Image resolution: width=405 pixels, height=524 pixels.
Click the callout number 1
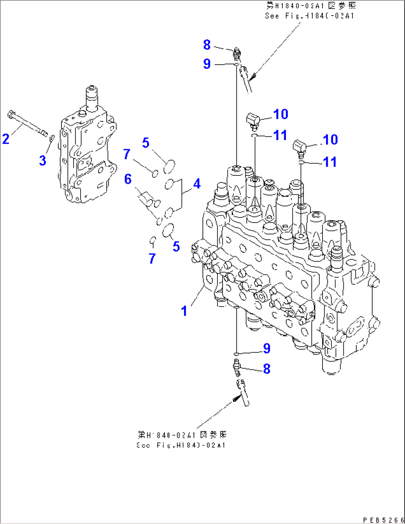pos(184,311)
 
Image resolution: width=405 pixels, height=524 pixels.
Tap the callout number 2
pos(6,139)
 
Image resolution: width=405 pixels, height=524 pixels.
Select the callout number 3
pos(42,161)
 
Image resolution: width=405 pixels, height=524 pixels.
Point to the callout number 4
pos(197,184)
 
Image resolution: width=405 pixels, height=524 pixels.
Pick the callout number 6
pos(128,179)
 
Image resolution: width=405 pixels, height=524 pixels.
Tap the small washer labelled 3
pos(52,138)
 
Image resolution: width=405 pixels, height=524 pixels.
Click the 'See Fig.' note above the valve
pos(310,11)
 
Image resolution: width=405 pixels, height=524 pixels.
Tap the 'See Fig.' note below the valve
pos(181,440)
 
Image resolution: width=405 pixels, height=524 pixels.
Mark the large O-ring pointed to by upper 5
pos(169,166)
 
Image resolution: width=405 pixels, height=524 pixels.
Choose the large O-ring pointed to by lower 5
pos(169,230)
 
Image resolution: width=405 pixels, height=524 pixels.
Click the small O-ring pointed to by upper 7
pos(155,173)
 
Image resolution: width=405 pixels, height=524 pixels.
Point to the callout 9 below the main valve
pos(266,348)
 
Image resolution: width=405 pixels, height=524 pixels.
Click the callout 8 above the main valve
pos(207,45)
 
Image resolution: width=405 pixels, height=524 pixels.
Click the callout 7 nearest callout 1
pos(152,258)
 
